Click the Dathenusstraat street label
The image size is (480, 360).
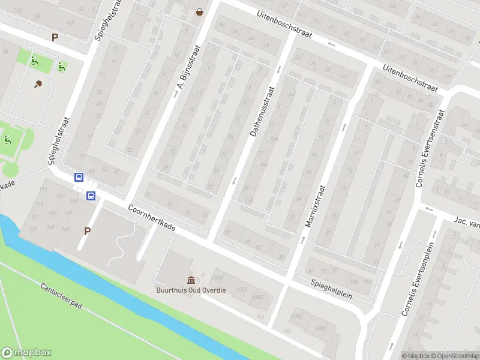262,112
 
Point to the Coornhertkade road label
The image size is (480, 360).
152,219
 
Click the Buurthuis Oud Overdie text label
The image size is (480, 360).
188,290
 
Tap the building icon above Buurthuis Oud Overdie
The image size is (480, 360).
191,280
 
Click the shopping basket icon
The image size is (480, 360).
199,11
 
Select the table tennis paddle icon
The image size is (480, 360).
39,84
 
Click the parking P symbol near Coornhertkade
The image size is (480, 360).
88,231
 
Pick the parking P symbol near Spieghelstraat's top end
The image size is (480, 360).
55,37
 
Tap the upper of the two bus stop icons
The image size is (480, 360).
79,177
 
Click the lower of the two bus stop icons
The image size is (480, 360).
91,195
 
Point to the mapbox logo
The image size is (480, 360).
26,353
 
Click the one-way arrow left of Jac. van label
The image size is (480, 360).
428,209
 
